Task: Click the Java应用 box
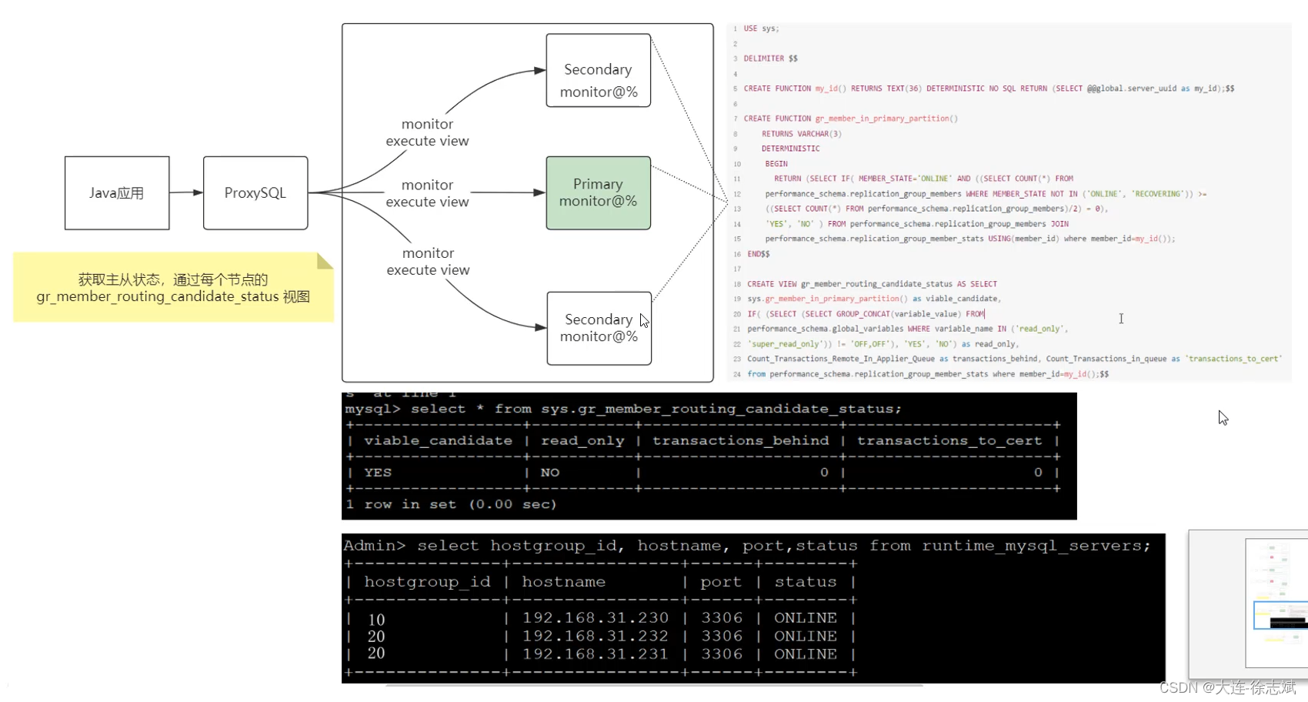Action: tap(117, 193)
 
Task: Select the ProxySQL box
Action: tap(255, 193)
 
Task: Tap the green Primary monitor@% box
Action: tap(598, 193)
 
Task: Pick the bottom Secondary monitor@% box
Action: tap(599, 328)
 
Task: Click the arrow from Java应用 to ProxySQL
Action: tap(186, 192)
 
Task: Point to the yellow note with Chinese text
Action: tap(173, 288)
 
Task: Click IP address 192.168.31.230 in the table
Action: tap(595, 618)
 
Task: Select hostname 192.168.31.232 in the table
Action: tap(595, 637)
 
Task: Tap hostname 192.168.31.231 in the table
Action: tap(595, 654)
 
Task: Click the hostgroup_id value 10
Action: tap(376, 620)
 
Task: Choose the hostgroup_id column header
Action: tap(427, 582)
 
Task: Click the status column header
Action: tap(805, 582)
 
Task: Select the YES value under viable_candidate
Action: tap(378, 473)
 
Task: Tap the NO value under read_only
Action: tap(550, 473)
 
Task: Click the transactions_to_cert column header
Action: tap(949, 440)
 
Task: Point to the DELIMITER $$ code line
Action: tap(770, 58)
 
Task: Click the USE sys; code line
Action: tap(761, 28)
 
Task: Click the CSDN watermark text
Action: tap(1227, 687)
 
